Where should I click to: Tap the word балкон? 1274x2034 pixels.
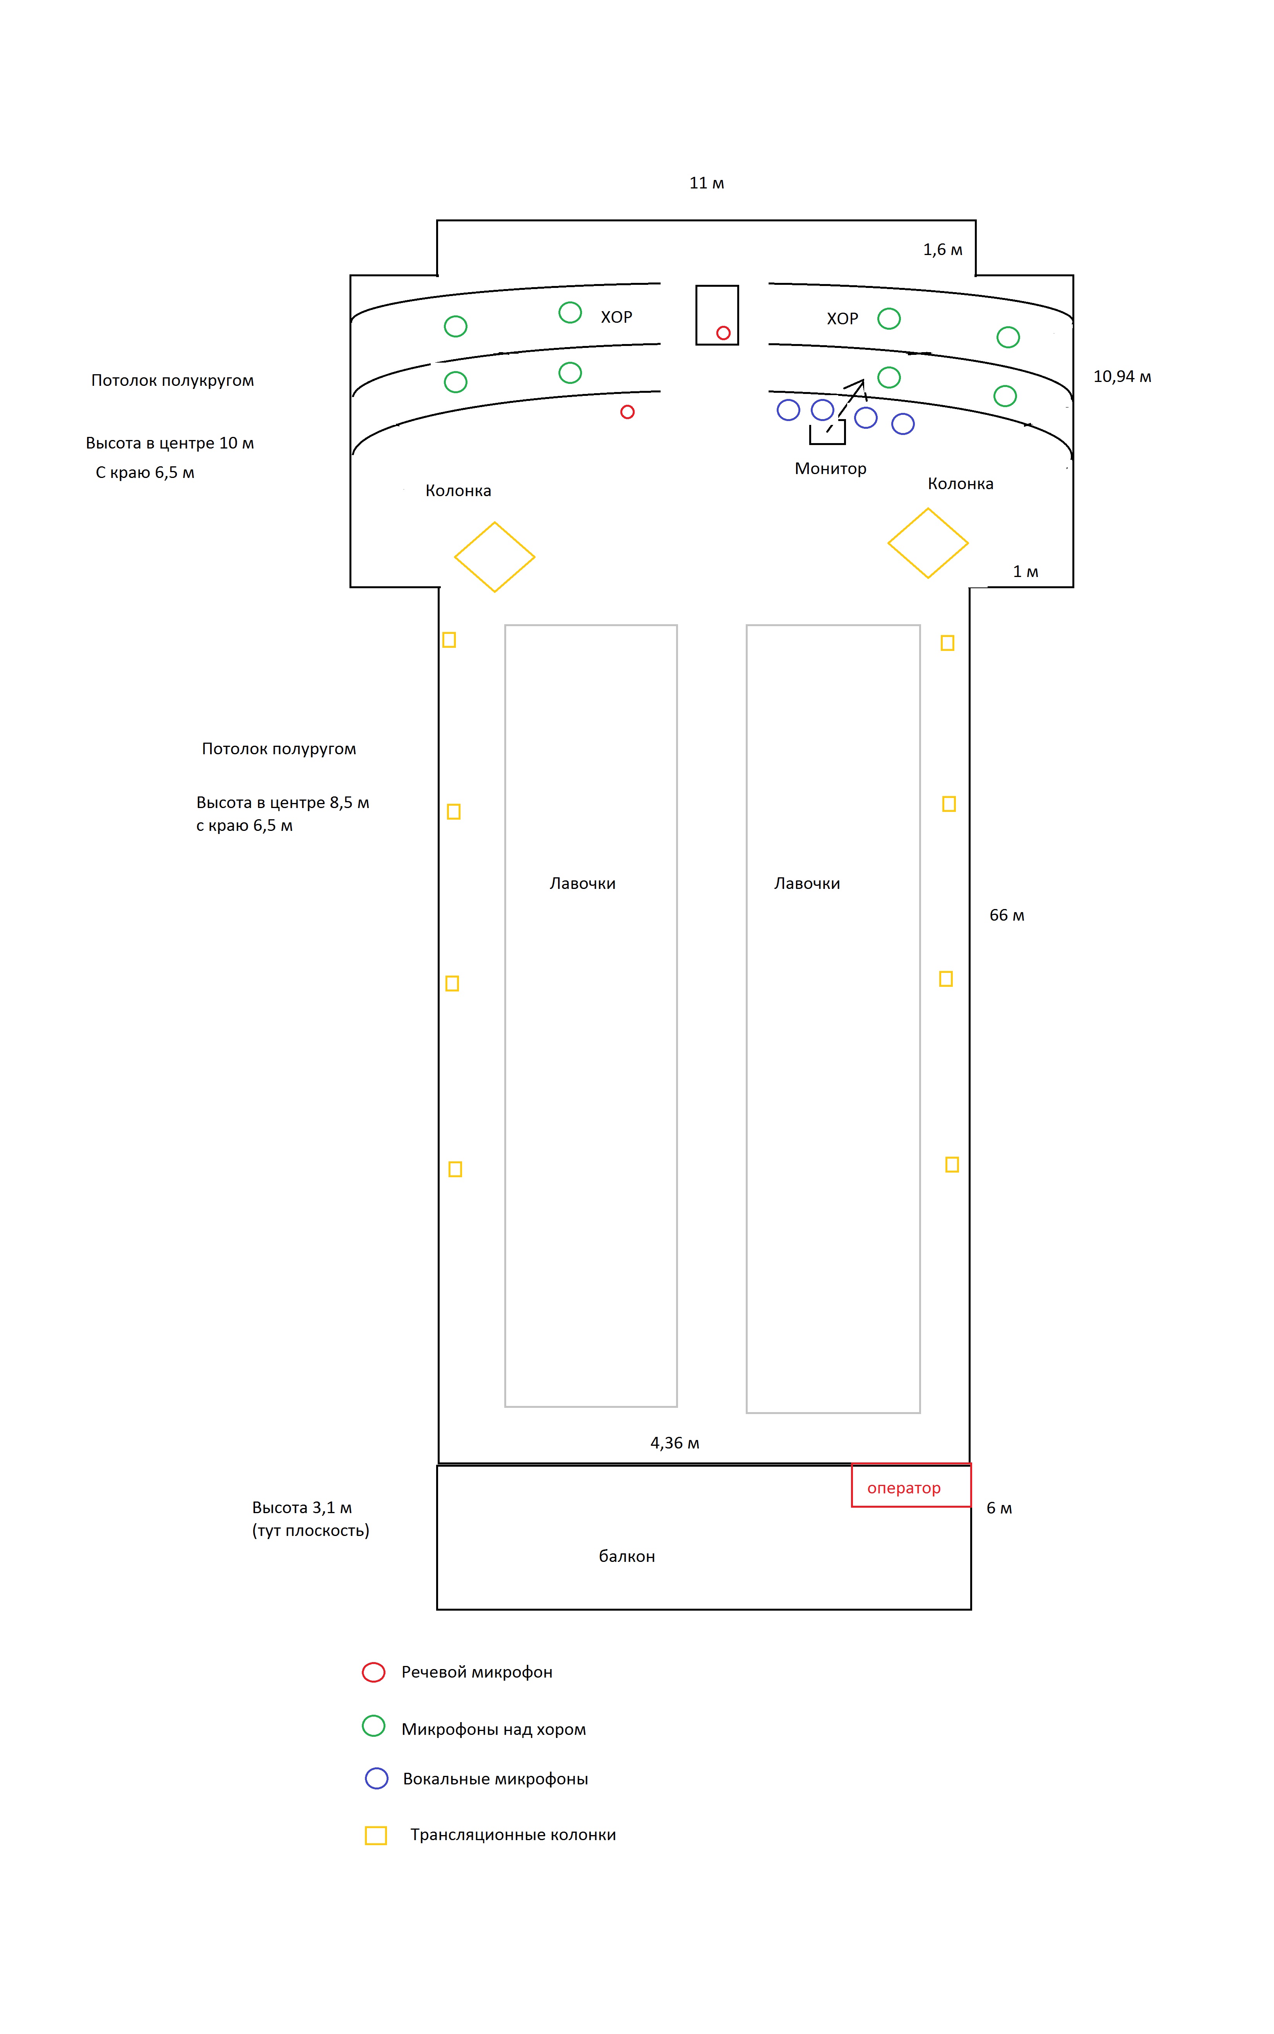point(627,1556)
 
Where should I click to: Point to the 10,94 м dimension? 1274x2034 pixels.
point(1122,377)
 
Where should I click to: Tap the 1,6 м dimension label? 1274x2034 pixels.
point(942,249)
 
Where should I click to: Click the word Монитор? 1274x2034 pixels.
point(830,469)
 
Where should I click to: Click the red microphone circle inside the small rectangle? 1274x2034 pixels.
point(723,333)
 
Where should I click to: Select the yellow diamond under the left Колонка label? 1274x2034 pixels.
point(495,557)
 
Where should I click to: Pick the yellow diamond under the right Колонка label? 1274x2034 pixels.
point(928,543)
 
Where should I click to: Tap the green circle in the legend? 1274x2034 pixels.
point(373,1726)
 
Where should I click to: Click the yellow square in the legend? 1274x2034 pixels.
point(376,1835)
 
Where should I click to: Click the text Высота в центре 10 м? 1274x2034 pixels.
point(170,443)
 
